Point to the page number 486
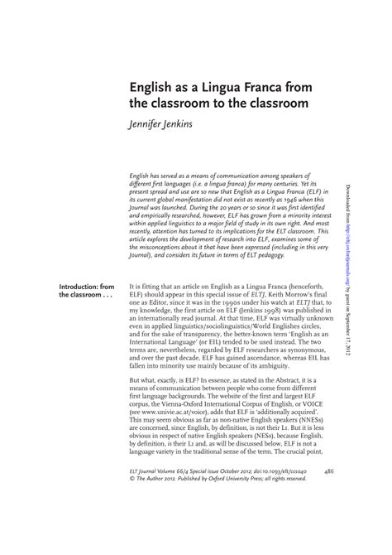pos(328,518)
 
